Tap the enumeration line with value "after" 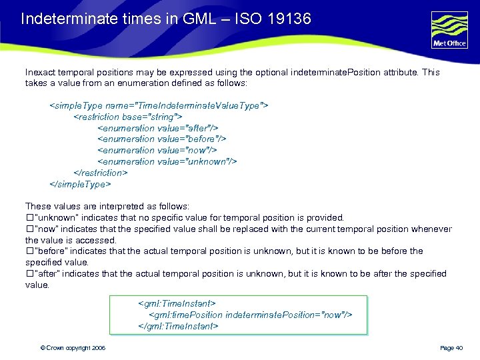158,128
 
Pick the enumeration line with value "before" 162,139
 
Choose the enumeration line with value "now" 157,150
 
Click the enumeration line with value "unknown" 167,161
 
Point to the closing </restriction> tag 100,173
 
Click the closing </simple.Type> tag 80,183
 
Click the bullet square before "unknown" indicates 29,218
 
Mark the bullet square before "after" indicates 29,274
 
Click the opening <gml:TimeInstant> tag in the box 176,303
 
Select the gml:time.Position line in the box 250,315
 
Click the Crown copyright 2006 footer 73,348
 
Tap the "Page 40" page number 451,348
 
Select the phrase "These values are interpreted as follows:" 107,207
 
